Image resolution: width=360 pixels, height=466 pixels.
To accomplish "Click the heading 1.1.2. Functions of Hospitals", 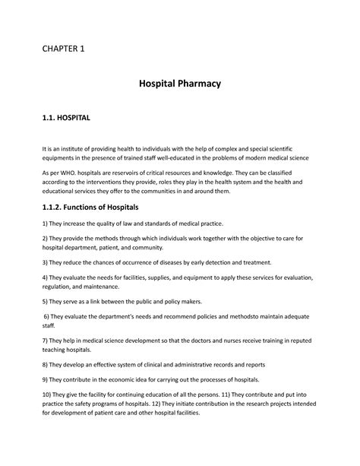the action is click(x=91, y=207).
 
